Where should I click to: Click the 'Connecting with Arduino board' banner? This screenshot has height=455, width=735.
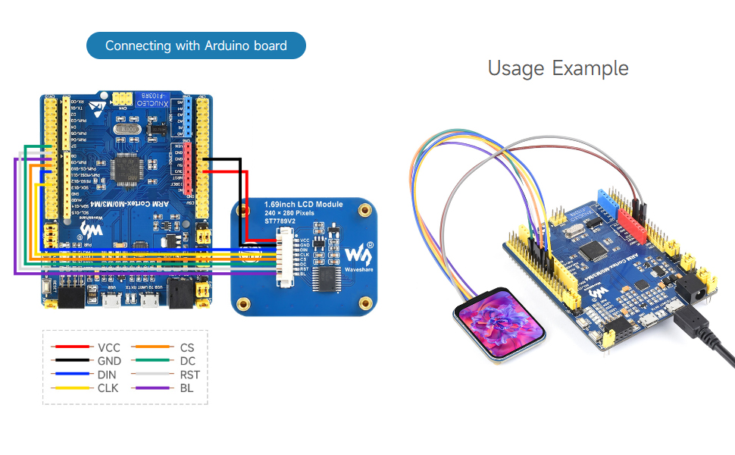coord(196,45)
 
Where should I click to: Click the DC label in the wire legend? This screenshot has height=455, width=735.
coord(186,361)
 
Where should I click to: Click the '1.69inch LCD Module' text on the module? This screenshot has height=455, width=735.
coord(303,205)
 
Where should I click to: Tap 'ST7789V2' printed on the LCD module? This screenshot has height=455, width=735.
coord(283,222)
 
